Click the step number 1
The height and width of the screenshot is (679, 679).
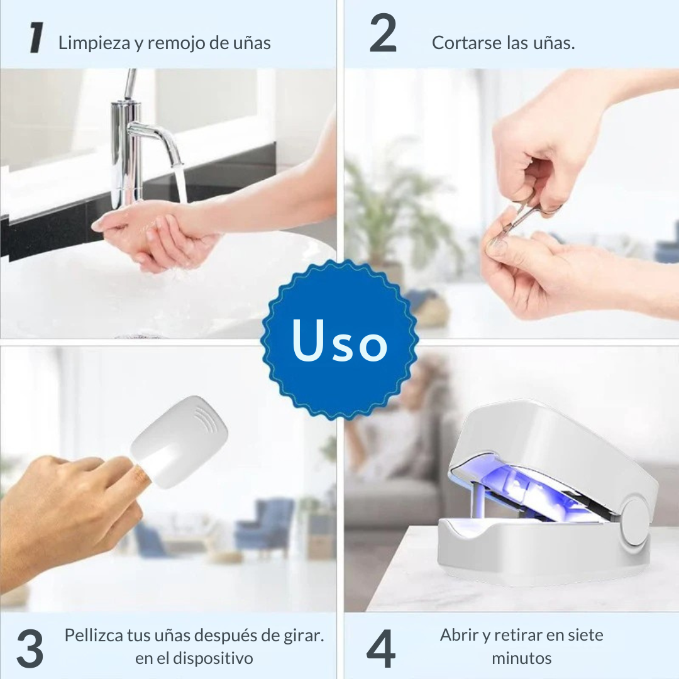[x=36, y=38]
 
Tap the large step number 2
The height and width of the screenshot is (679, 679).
[x=384, y=33]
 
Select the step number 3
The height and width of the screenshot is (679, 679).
[x=30, y=648]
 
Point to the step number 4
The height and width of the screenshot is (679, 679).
[x=381, y=648]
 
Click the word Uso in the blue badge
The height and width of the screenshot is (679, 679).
[x=339, y=340]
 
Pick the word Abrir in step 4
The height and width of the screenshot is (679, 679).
[x=459, y=635]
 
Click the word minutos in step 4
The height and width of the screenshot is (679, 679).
[x=521, y=658]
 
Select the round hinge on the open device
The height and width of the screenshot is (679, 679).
[x=635, y=522]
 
